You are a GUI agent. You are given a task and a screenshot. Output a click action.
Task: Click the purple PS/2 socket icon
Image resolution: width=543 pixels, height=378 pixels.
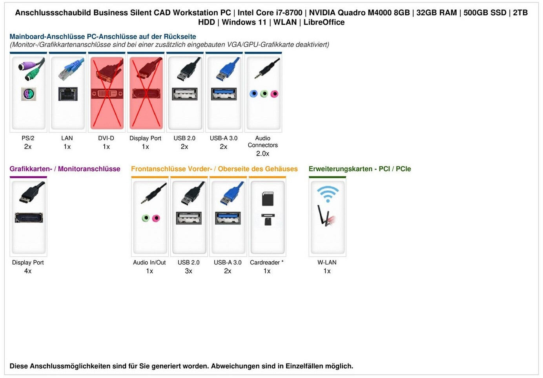click(29, 94)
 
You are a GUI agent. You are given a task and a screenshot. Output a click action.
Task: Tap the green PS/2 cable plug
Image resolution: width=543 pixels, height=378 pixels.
click(31, 74)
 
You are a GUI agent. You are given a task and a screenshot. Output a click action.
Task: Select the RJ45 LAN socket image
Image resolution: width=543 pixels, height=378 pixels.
click(68, 94)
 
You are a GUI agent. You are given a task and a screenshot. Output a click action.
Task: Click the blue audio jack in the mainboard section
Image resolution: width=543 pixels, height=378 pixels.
click(253, 93)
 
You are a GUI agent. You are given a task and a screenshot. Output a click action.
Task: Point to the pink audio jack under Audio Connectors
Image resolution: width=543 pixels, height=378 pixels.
click(274, 93)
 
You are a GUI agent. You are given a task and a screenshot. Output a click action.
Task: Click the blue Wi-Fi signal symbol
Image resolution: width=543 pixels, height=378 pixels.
click(328, 194)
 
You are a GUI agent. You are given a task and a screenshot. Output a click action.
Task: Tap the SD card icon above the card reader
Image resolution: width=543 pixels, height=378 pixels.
click(268, 199)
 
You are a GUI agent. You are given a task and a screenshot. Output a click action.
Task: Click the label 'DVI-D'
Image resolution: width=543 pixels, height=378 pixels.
click(106, 138)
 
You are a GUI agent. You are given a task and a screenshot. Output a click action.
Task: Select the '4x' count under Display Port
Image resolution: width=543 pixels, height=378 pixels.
click(28, 271)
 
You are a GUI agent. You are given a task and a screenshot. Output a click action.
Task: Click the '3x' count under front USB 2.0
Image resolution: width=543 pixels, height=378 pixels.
click(189, 271)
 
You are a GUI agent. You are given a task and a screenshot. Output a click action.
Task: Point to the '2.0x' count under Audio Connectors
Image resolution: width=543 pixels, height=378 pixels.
click(263, 153)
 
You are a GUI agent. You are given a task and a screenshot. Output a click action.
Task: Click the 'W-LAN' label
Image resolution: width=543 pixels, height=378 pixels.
click(327, 262)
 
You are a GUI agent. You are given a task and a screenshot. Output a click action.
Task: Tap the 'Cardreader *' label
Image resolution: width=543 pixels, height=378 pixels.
click(267, 262)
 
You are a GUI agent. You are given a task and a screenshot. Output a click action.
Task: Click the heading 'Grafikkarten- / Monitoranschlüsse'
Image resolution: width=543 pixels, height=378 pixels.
click(65, 169)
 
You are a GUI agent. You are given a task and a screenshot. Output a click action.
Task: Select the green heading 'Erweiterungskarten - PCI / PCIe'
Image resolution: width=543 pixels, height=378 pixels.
click(360, 169)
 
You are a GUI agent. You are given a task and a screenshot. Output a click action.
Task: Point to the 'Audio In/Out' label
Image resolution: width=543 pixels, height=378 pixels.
click(149, 262)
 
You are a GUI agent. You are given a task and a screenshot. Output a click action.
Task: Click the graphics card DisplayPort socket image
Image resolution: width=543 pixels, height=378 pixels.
click(29, 217)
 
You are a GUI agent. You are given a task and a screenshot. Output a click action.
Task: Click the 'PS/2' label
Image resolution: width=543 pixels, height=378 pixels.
click(28, 138)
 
